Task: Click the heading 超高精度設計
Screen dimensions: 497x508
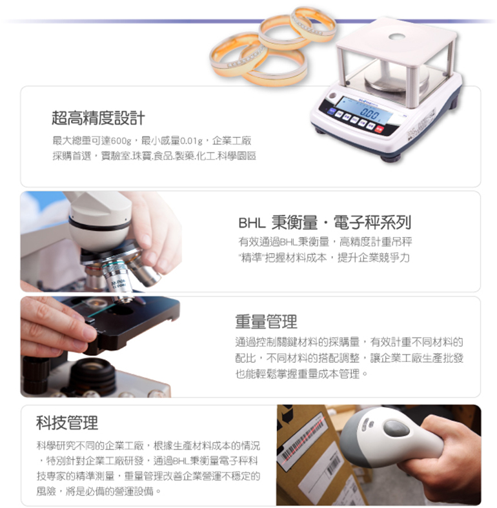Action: [x=98, y=117]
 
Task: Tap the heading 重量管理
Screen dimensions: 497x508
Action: [x=266, y=321]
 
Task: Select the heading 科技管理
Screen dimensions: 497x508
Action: [x=66, y=422]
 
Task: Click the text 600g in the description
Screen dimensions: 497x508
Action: [x=121, y=141]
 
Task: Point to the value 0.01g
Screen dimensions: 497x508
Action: [x=191, y=141]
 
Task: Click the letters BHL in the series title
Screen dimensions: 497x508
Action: [x=252, y=223]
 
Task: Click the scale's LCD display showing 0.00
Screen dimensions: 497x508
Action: [x=363, y=110]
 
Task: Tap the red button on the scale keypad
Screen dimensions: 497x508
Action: [x=380, y=129]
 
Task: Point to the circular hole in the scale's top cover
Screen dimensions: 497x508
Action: [x=398, y=36]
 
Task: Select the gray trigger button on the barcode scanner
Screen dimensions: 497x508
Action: [x=395, y=429]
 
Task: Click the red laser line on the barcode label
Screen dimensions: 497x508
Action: [x=303, y=435]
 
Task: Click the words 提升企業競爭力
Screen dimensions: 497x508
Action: [x=374, y=258]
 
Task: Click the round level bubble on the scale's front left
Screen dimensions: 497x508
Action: [x=332, y=96]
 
